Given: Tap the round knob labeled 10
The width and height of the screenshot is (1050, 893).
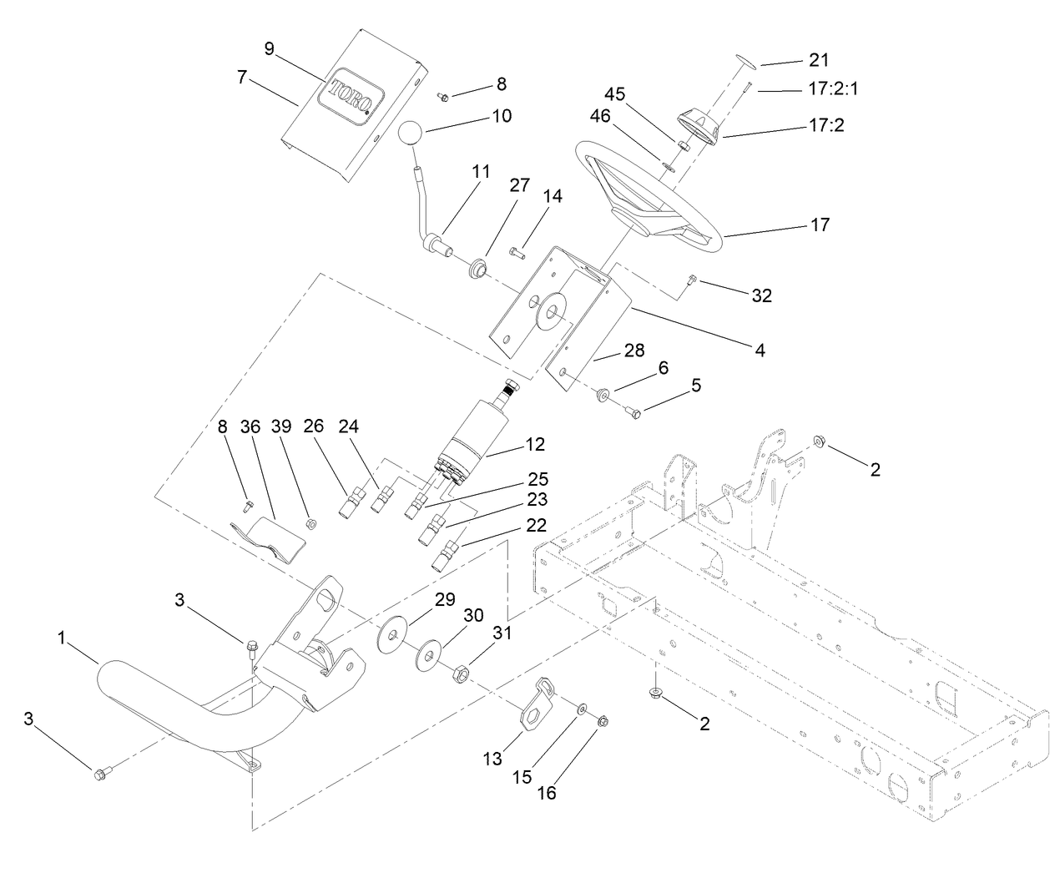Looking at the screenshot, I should (x=410, y=134).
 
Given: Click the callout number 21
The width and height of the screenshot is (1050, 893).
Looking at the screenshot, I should (x=819, y=59).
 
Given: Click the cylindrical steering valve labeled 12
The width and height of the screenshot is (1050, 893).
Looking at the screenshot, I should (x=472, y=434).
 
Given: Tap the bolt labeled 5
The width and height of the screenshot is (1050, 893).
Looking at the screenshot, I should (x=632, y=411).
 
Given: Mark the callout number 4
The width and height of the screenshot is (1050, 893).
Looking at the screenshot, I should (x=760, y=350).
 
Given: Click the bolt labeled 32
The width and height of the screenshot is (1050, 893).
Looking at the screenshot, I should (x=690, y=284).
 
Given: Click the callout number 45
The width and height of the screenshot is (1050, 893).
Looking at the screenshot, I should (x=614, y=93).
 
